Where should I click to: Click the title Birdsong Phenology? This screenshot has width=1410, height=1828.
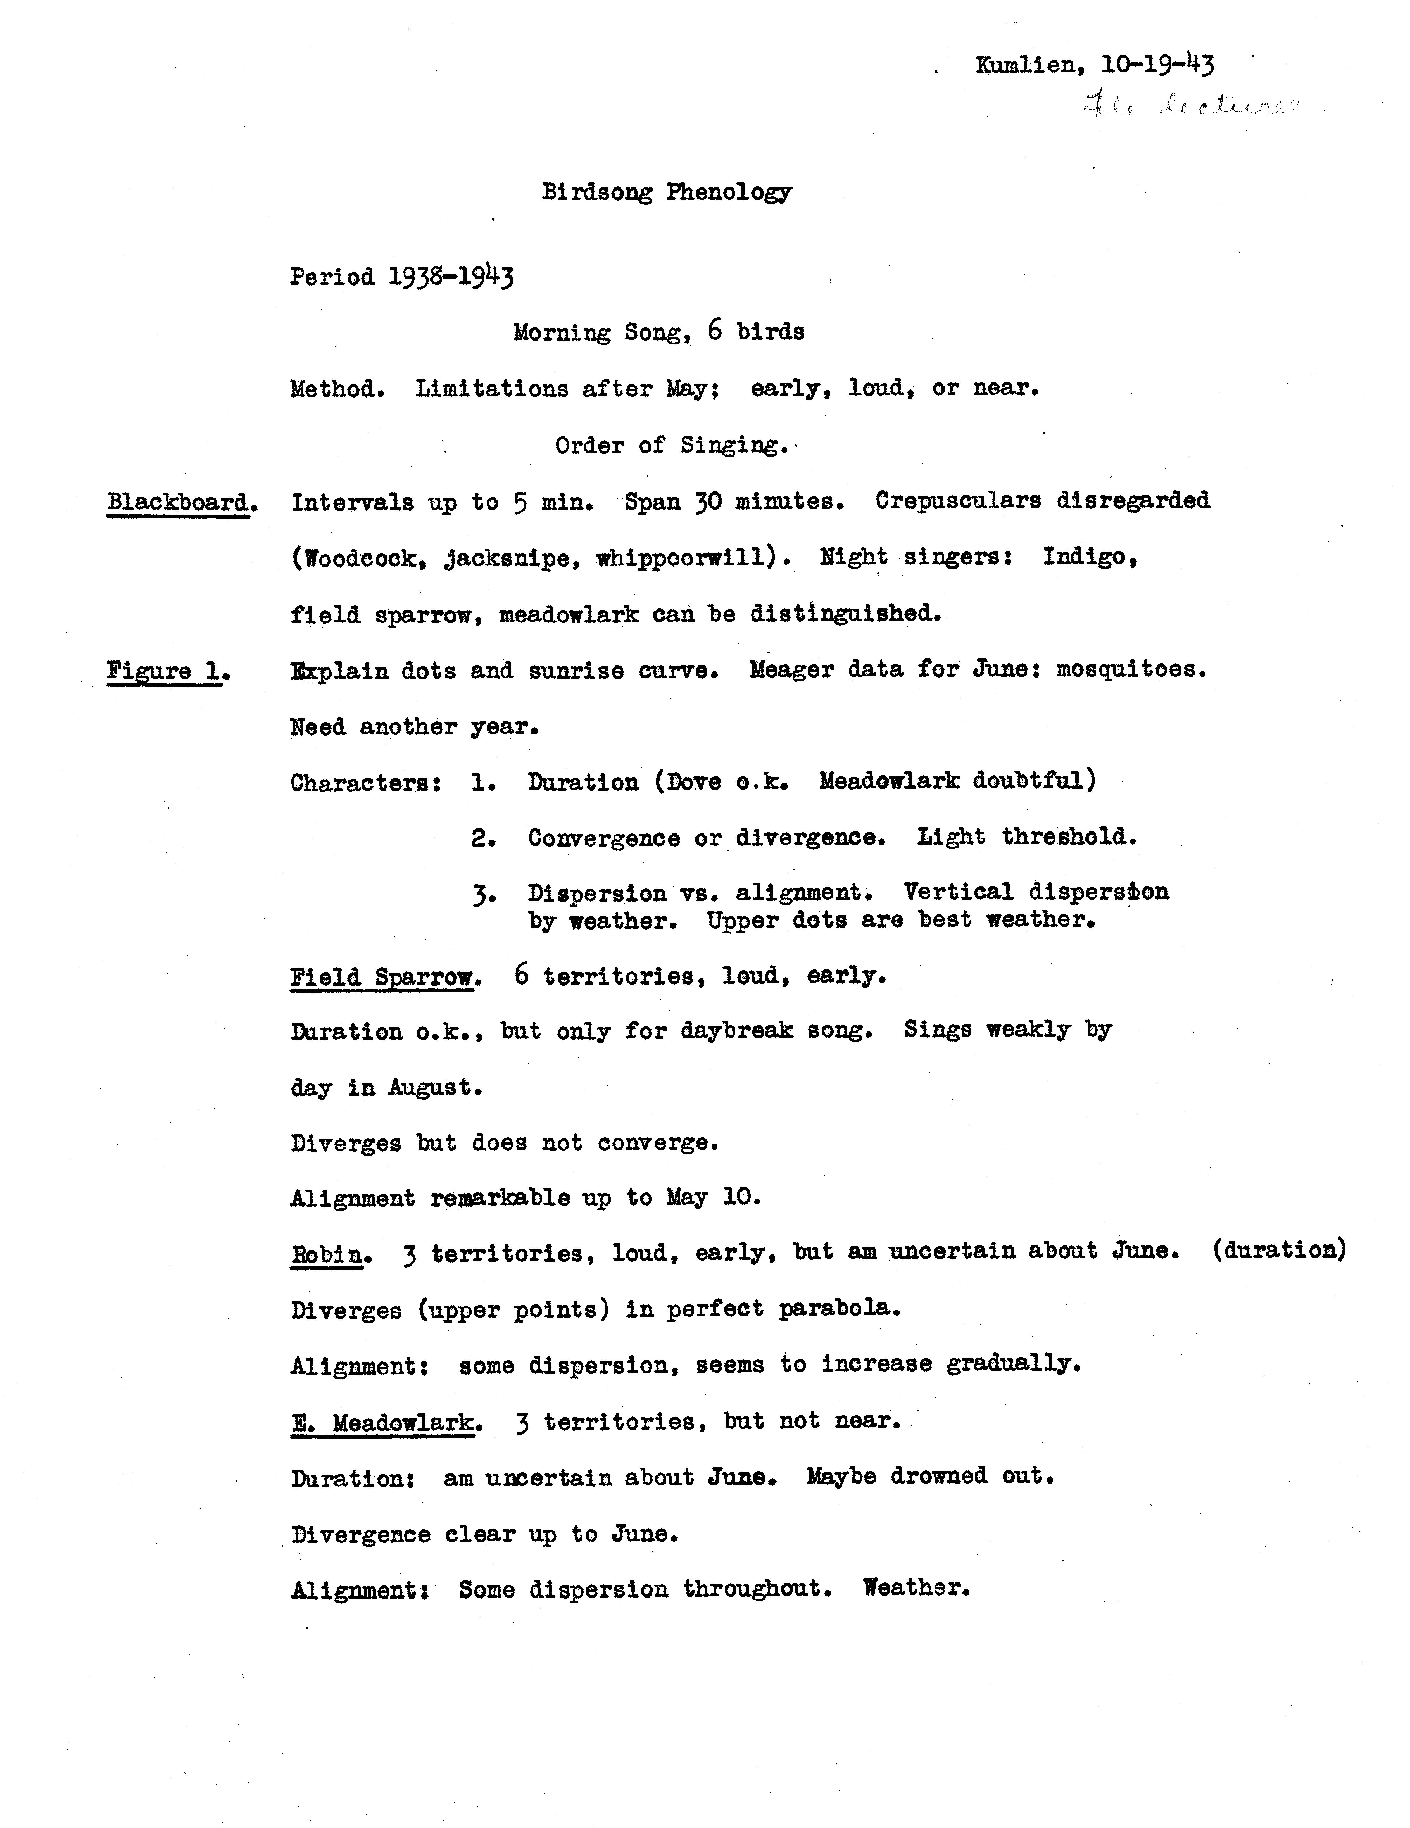[x=666, y=192]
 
